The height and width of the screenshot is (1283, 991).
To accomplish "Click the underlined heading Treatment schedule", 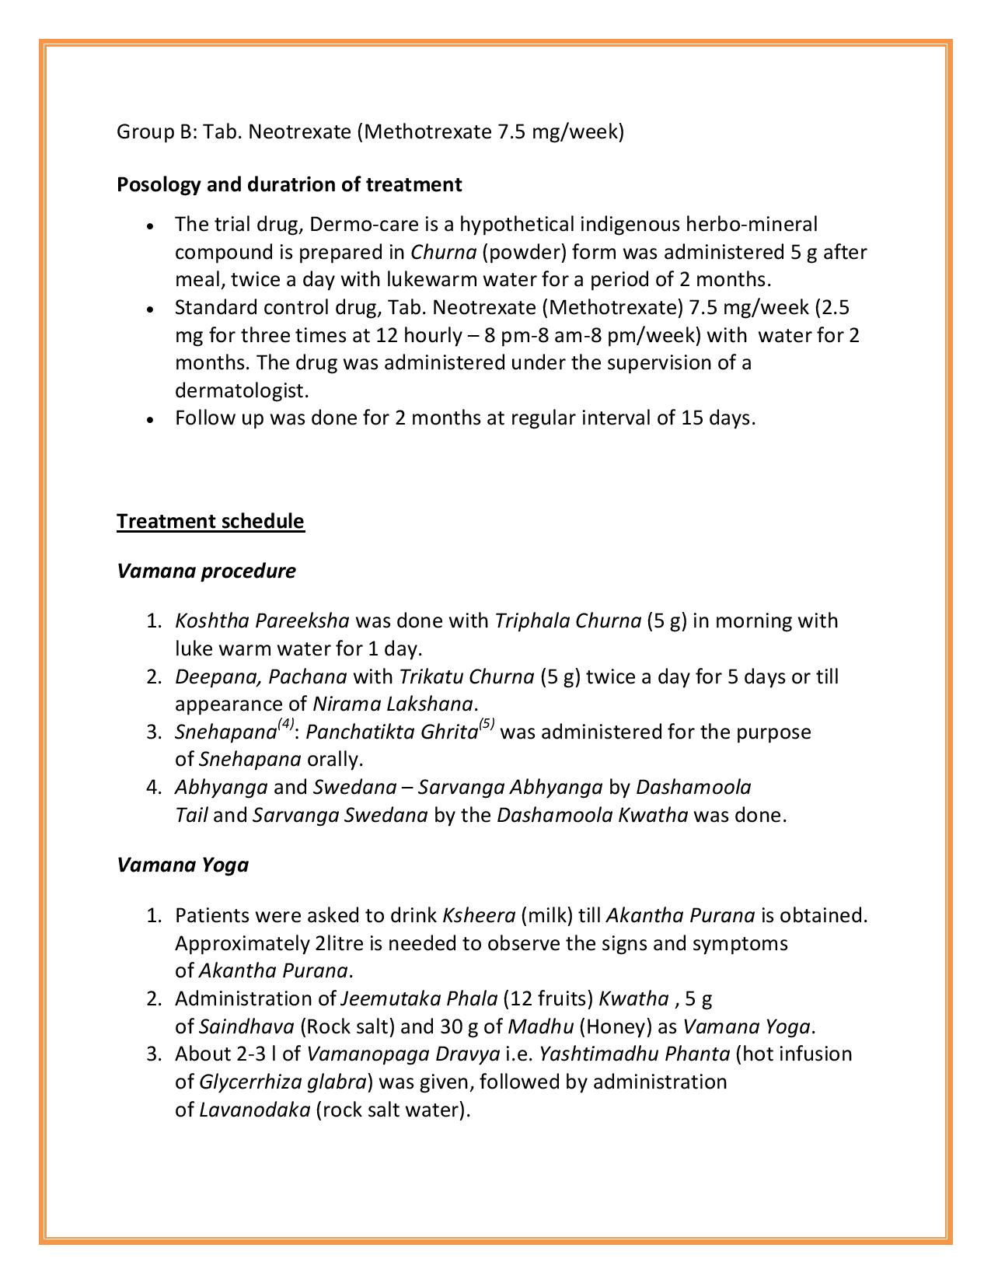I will tap(210, 521).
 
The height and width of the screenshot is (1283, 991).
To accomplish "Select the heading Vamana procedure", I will tap(206, 571).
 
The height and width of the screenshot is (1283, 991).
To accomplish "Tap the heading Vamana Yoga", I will tap(183, 865).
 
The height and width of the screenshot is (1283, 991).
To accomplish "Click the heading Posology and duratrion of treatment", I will tap(289, 184).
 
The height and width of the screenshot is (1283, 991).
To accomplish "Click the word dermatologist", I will tap(242, 390).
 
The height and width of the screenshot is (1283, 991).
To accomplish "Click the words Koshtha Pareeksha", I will tap(262, 621).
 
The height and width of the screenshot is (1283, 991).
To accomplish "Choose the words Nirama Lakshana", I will tap(393, 704).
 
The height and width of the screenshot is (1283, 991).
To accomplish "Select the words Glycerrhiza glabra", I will tap(283, 1082).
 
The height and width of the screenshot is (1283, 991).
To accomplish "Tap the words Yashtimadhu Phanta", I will tap(634, 1054).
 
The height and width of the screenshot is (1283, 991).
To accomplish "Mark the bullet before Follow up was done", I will tap(152, 420).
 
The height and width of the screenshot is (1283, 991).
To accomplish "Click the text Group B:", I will tap(157, 132).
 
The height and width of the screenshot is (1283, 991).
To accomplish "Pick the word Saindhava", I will tap(246, 1027).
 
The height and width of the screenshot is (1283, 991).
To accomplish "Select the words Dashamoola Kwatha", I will tap(592, 816).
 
